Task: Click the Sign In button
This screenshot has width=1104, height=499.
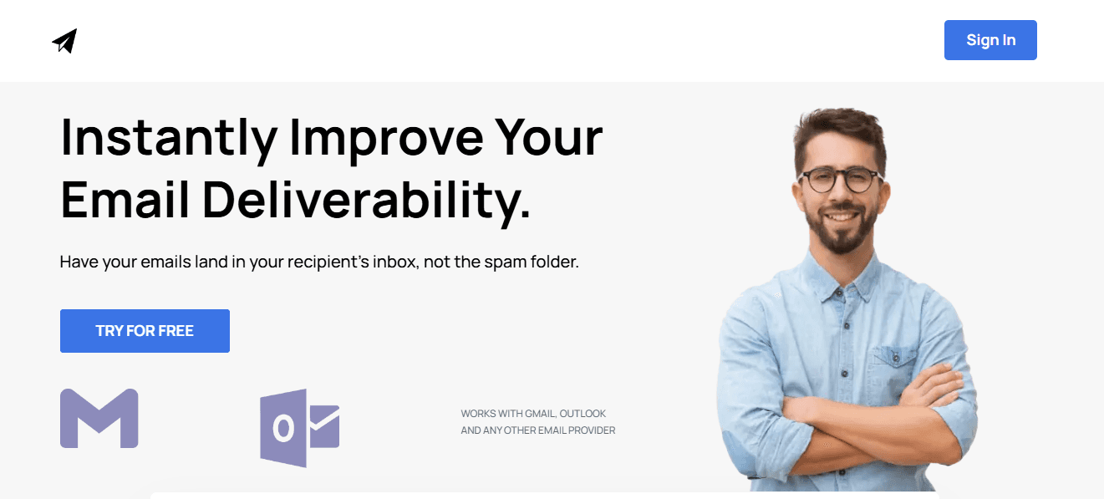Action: [x=990, y=40]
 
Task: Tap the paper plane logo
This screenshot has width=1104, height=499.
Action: [x=64, y=41]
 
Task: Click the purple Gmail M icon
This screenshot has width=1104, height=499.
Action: [x=99, y=418]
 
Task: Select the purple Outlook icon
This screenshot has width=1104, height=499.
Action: [x=299, y=427]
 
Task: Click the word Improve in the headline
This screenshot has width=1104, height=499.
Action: [x=386, y=138]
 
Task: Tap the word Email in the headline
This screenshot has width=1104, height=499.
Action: [x=125, y=201]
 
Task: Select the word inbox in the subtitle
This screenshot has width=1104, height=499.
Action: [x=391, y=262]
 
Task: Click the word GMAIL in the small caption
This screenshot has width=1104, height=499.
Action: [x=538, y=414]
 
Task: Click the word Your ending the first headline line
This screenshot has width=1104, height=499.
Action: [x=548, y=138]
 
